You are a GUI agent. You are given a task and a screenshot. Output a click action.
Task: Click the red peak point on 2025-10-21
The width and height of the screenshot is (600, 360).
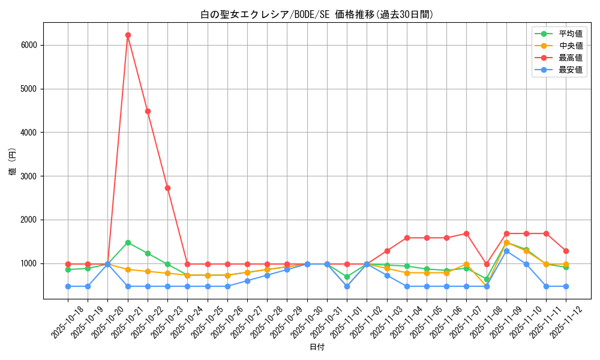[128, 35]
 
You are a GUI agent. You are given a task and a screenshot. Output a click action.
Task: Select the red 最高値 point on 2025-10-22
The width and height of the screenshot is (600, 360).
[148, 111]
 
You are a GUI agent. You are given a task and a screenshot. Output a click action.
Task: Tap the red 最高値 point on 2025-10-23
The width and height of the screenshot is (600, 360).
[167, 188]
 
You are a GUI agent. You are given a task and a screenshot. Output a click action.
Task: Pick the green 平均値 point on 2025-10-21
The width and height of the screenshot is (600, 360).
[128, 242]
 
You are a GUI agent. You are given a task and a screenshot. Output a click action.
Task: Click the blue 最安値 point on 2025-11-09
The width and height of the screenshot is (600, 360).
[506, 251]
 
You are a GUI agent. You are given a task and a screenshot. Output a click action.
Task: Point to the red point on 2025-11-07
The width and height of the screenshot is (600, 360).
[466, 233]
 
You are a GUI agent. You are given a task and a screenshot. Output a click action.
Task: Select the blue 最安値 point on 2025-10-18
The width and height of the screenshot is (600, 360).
[68, 286]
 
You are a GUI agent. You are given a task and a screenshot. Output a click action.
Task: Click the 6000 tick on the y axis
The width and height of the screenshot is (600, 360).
[29, 45]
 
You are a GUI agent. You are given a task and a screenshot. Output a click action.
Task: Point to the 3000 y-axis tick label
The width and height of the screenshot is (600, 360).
[29, 176]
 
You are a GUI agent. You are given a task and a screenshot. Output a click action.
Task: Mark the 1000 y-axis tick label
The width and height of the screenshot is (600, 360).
[29, 263]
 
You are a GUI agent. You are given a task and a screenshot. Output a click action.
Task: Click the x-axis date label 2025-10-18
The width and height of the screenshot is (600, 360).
[67, 322]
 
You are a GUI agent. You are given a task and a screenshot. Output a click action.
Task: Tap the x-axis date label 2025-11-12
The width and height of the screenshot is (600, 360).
[566, 322]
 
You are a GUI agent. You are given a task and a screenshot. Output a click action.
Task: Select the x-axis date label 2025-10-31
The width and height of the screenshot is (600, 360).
[326, 322]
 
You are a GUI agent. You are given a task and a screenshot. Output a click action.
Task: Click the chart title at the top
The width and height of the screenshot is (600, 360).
[317, 14]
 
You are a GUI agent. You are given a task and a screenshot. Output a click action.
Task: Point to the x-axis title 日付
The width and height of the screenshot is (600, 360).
[317, 347]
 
